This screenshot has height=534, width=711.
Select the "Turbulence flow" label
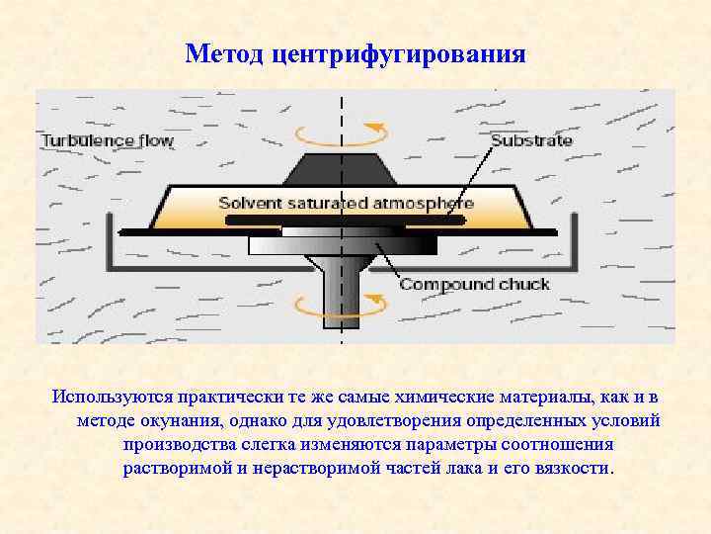107,140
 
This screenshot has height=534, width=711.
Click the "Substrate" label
531,140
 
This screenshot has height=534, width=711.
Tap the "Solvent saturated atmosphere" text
346,204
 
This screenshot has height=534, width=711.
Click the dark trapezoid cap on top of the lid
342,169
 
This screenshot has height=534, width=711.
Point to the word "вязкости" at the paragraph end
575,468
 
